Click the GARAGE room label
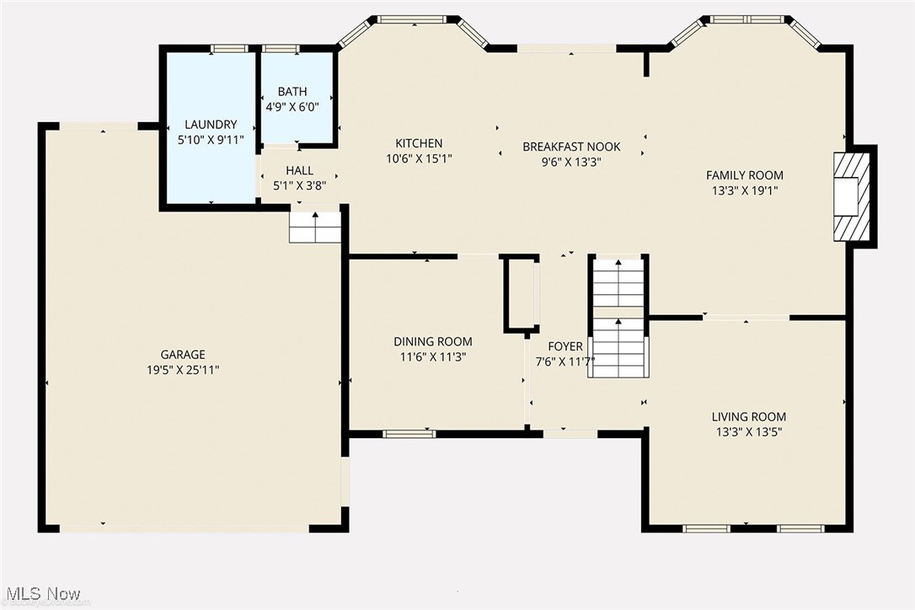183,355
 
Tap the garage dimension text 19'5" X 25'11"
183,369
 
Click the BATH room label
292,92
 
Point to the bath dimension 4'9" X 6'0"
292,107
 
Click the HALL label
299,171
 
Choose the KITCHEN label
419,143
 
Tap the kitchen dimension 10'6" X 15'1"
419,158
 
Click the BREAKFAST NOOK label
561,147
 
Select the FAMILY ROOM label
744,175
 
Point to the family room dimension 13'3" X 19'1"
744,190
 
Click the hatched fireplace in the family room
850,196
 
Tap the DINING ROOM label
433,341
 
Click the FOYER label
565,346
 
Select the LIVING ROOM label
748,417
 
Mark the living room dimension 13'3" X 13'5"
748,431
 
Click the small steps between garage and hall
315,227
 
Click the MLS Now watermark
41,594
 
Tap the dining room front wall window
409,434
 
